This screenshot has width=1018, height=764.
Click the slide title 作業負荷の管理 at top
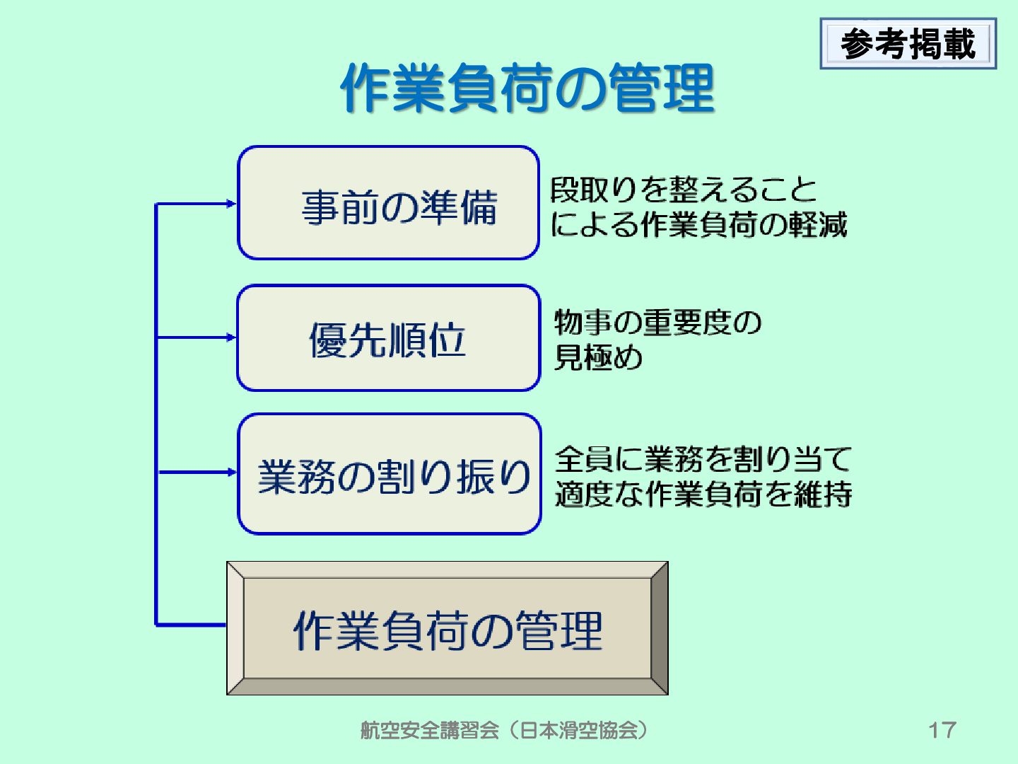tap(527, 88)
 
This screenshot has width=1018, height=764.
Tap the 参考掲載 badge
tap(908, 44)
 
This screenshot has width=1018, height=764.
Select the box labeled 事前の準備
tap(389, 204)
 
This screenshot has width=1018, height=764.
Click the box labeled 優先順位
tap(389, 338)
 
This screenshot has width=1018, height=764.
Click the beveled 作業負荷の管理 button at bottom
tap(447, 628)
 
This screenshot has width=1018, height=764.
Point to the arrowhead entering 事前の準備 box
tap(231, 204)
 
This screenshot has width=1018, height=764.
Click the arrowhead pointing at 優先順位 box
tap(231, 337)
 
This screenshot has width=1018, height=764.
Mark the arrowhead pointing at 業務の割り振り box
tap(231, 472)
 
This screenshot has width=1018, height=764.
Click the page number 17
tap(942, 730)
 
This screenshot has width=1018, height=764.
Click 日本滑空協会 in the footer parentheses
tap(578, 730)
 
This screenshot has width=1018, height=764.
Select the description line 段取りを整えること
tap(683, 190)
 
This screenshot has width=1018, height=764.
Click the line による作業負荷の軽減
tap(698, 225)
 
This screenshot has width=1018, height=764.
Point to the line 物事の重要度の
tap(657, 323)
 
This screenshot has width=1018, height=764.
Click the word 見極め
tap(598, 357)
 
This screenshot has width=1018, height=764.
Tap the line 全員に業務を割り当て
tap(703, 460)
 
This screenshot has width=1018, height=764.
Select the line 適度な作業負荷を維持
tap(703, 494)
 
